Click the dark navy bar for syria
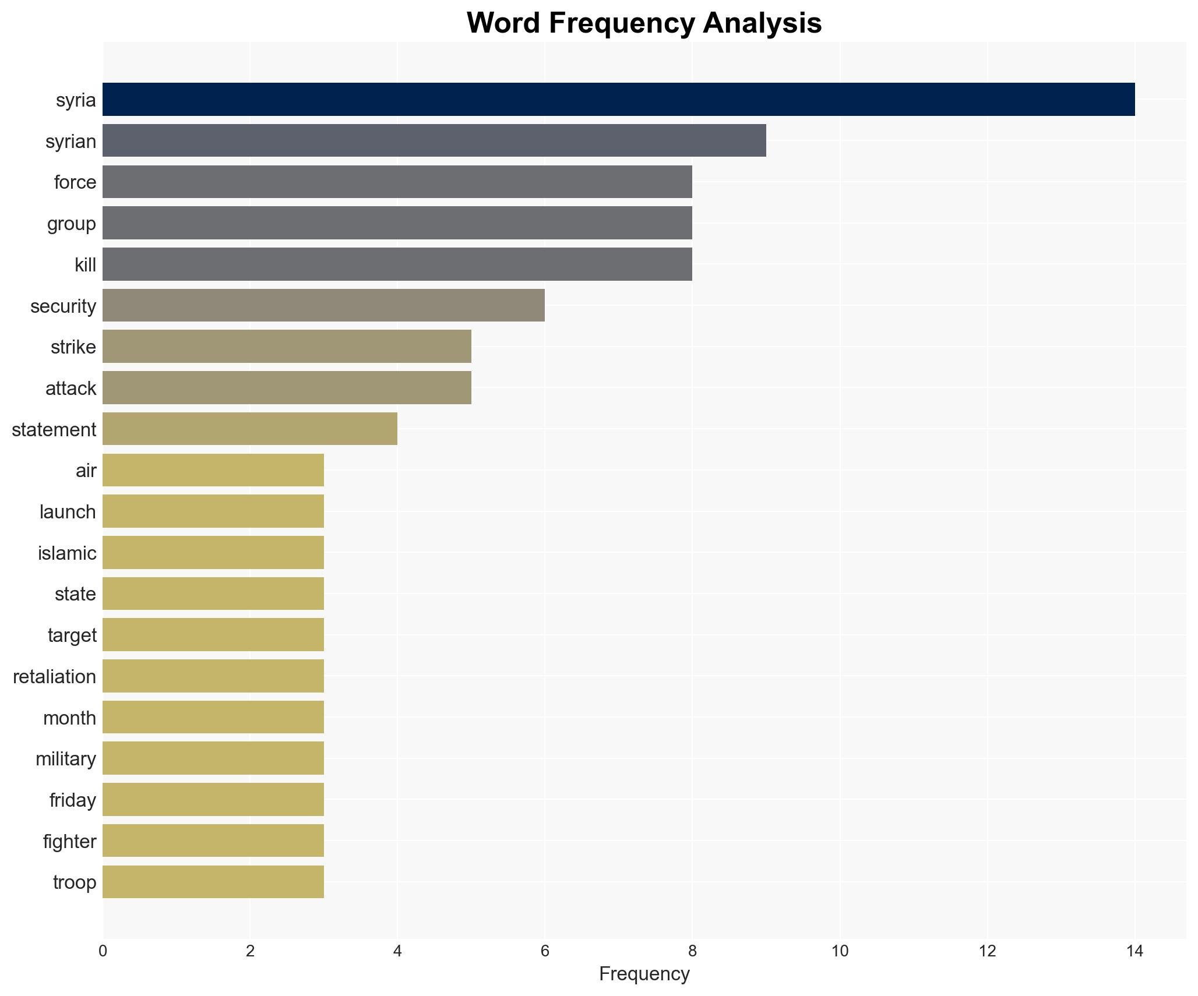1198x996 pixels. (618, 100)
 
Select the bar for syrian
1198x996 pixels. (434, 141)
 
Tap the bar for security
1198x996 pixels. (323, 305)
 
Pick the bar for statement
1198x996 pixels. (250, 429)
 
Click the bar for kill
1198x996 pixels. (397, 264)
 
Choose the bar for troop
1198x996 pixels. (213, 882)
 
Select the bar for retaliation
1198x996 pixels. (213, 676)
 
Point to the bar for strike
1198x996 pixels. (287, 347)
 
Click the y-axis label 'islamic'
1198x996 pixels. (67, 553)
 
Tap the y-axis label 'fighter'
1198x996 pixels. (69, 841)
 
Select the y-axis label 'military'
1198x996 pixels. (66, 758)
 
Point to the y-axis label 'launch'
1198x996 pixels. (68, 511)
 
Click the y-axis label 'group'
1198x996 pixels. (72, 224)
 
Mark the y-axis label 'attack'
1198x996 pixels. (71, 388)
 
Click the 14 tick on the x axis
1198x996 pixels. (1134, 951)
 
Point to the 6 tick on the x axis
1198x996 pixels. (545, 951)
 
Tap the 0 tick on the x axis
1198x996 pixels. (103, 951)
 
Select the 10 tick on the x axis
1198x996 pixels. (840, 951)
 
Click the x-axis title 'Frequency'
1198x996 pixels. (644, 974)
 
